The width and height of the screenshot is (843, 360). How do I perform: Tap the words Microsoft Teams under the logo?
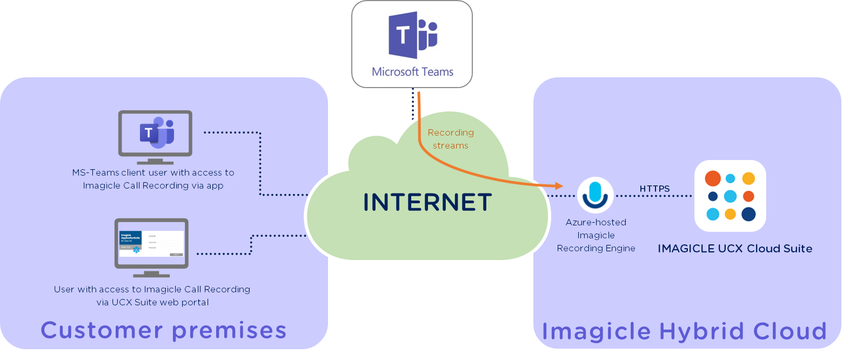(412, 71)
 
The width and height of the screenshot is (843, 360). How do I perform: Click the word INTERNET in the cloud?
(427, 202)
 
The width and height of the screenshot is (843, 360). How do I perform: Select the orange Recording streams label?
(450, 139)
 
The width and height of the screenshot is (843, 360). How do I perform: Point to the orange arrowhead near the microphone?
(559, 186)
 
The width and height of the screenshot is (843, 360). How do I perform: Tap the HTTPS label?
(654, 189)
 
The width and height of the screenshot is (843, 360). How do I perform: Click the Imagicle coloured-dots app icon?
(730, 196)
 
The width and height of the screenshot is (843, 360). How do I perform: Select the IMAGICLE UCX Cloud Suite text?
(734, 249)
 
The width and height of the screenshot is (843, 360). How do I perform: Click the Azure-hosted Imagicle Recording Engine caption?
(596, 235)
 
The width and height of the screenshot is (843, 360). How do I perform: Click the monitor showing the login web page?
(151, 243)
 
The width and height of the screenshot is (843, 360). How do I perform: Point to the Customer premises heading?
(163, 330)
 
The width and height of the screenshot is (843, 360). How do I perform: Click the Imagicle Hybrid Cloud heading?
(684, 331)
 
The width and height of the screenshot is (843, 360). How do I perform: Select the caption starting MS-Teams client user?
(153, 179)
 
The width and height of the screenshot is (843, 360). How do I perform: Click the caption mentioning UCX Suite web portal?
(152, 296)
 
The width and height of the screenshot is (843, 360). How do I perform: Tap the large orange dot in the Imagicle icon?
(713, 178)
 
